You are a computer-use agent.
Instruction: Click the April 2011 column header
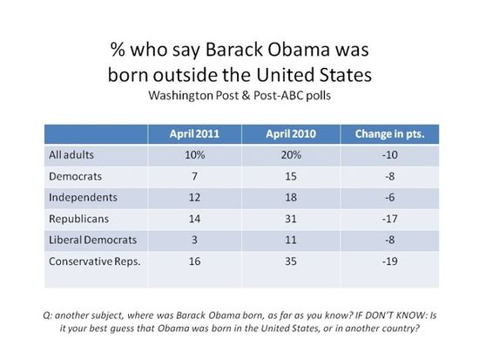coord(196,134)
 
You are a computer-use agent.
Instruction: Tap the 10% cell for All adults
coord(196,155)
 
